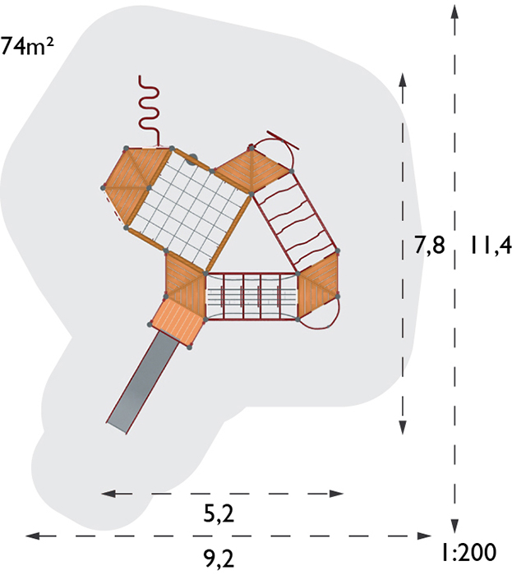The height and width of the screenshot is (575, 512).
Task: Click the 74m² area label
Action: click(26, 45)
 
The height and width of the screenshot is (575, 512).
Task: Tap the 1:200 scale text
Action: click(468, 551)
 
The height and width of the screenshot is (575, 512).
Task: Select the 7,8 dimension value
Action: click(430, 245)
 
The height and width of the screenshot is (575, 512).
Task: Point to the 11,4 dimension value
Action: click(490, 245)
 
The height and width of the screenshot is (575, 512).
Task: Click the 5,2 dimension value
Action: click(219, 514)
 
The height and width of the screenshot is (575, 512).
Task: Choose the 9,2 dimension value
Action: click(219, 559)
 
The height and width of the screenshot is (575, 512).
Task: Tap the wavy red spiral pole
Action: click(150, 109)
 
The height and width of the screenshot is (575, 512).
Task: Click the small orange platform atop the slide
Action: click(178, 321)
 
